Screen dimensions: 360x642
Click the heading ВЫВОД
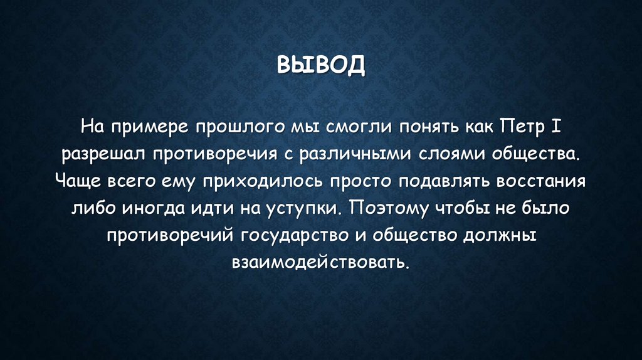click(320, 65)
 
